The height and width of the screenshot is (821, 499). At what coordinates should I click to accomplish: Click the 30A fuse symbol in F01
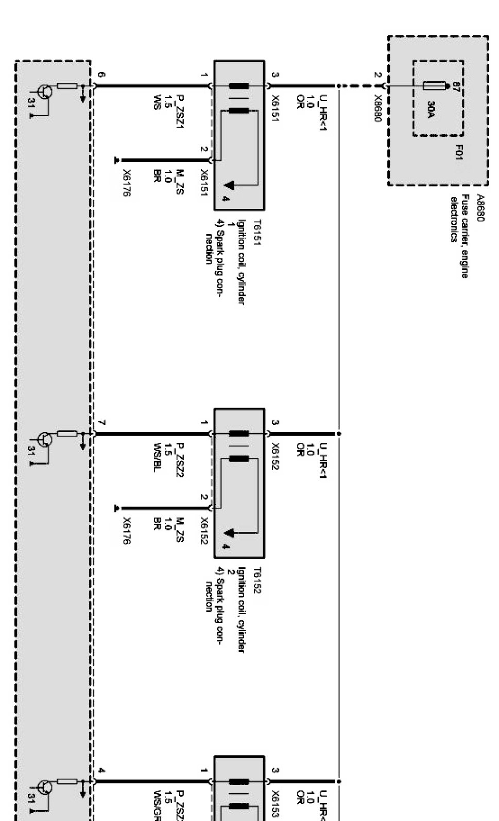pos(432,85)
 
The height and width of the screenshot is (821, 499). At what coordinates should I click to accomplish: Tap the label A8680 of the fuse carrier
pos(480,208)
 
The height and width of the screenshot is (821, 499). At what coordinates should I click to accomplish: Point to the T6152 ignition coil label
pos(258,580)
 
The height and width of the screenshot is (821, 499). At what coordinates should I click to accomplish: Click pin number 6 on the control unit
pos(101,75)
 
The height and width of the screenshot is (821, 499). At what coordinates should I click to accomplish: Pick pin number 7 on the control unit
pos(101,423)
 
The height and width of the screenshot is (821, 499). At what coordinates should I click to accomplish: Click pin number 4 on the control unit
pos(101,771)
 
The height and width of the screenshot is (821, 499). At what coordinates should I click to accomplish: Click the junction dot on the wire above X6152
pos(339,433)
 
